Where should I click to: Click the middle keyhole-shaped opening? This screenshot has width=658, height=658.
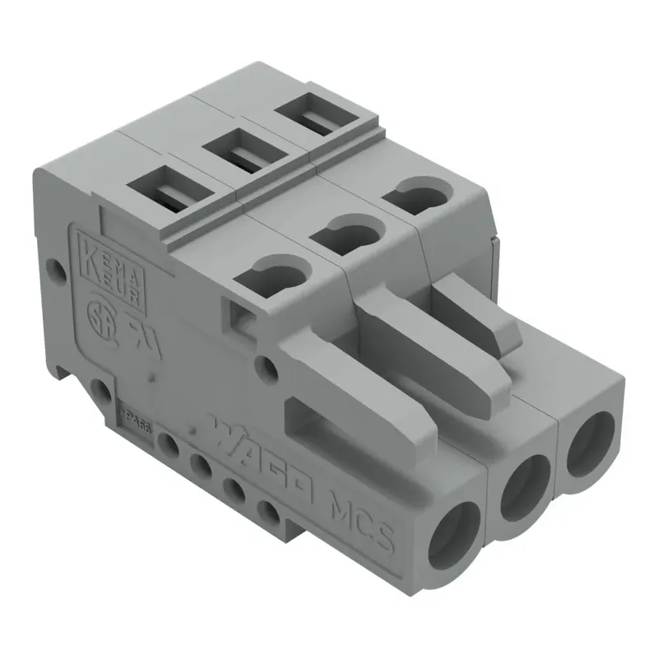(x=346, y=235)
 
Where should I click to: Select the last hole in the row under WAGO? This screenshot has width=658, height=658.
(x=269, y=513)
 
